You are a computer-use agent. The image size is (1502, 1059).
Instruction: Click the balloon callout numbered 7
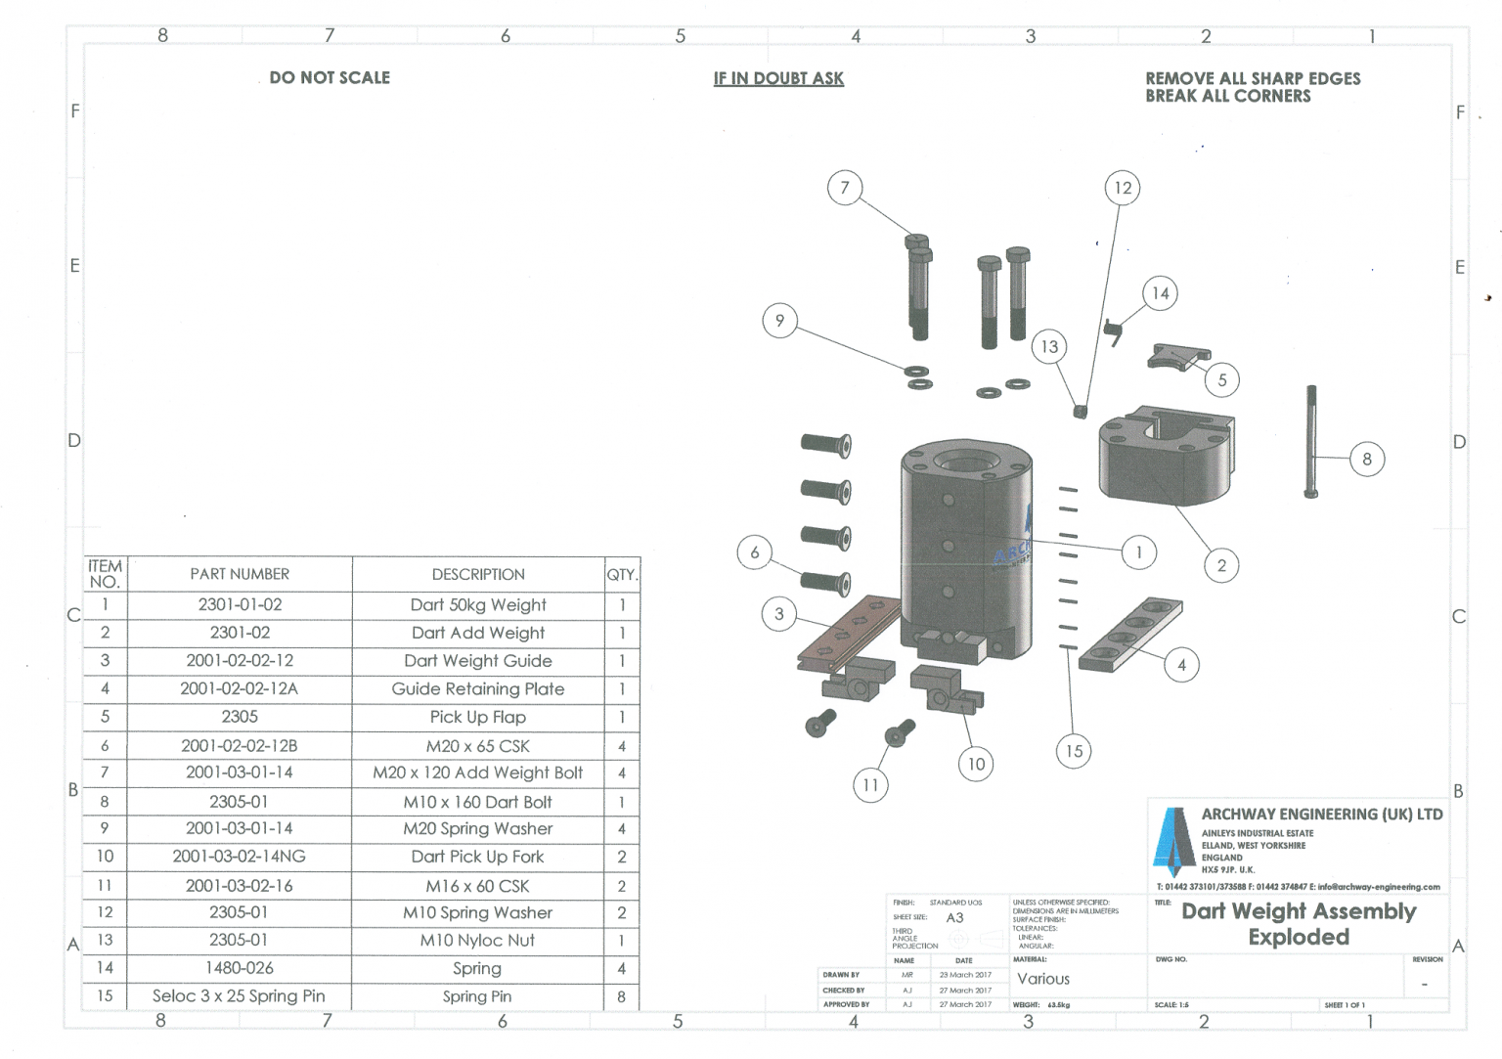tap(845, 187)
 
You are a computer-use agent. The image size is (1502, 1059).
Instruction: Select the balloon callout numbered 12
tap(1123, 188)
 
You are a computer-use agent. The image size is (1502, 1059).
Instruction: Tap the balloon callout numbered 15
tap(1074, 751)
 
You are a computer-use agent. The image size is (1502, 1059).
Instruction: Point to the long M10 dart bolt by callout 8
tap(1311, 441)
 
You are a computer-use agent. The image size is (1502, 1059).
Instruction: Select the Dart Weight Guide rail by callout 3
tap(847, 632)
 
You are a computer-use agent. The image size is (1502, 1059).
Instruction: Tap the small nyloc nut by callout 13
tap(1081, 411)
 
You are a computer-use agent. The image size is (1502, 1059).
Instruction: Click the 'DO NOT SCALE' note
tap(330, 77)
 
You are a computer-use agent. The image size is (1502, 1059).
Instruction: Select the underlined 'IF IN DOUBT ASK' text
tap(778, 78)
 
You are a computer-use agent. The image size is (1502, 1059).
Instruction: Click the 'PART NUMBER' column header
tap(240, 574)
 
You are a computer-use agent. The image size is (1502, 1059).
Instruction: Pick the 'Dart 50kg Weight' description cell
tap(478, 605)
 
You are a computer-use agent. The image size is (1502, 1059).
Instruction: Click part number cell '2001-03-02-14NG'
tap(240, 857)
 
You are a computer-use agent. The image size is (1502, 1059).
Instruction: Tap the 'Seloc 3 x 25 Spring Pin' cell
tap(239, 996)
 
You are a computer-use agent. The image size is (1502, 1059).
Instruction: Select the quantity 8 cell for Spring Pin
tap(621, 996)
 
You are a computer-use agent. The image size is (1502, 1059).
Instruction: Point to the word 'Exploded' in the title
tap(1299, 937)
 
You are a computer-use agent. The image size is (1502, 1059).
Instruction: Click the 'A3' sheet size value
tap(954, 917)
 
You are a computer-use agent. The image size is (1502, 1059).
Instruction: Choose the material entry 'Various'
tap(1043, 979)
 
